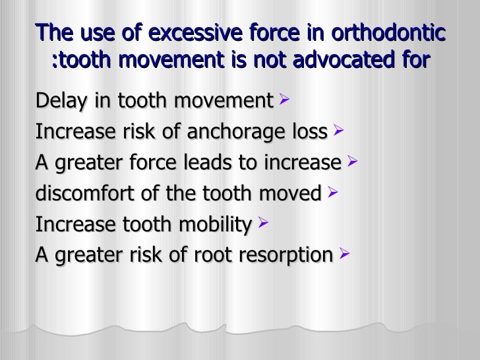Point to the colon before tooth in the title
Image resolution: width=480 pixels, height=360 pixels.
point(55,63)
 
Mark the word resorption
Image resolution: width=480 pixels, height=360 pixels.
point(284,255)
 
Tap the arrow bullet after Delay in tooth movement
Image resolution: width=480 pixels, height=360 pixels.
point(284,101)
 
